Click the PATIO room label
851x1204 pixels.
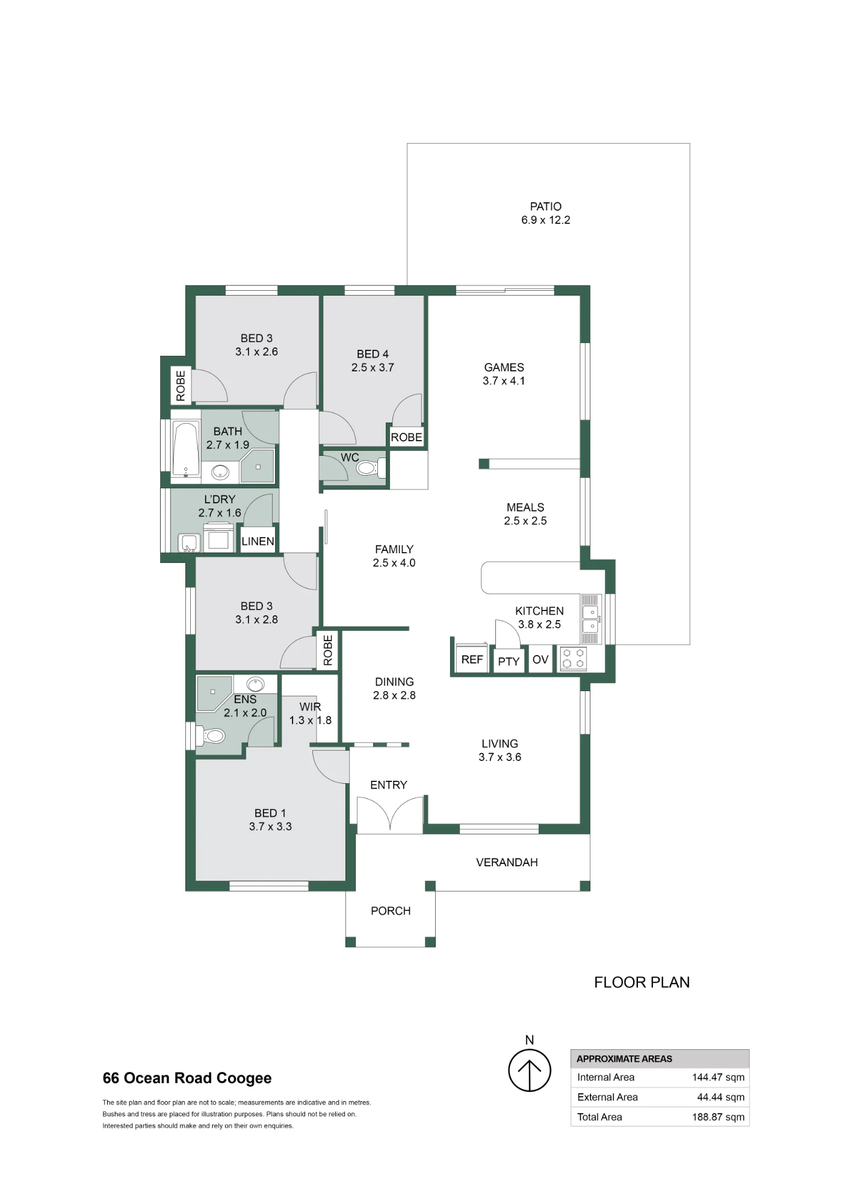545,206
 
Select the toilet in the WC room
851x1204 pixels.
369,467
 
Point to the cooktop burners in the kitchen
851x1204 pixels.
573,658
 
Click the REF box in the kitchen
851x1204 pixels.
472,659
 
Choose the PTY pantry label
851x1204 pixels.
509,661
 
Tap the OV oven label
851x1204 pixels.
540,659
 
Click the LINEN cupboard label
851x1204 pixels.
258,541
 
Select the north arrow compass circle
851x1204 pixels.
530,1070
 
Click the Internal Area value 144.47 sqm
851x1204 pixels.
718,1077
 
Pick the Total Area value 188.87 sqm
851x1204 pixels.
718,1117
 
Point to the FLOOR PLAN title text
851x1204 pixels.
642,982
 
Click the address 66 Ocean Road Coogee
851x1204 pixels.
187,1078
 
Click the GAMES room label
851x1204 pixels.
504,367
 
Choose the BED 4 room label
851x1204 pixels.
373,354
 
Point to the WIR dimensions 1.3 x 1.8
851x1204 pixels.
310,720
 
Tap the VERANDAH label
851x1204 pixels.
507,862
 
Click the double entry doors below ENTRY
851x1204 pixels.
390,814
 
